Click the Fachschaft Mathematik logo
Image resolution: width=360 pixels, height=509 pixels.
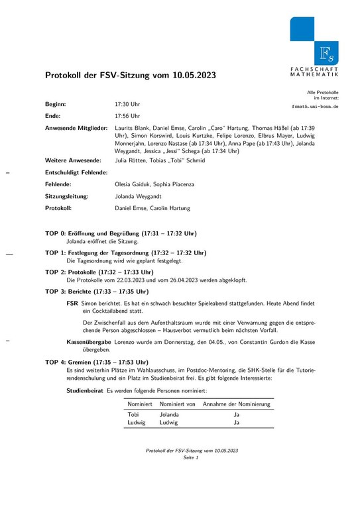(x=314, y=46)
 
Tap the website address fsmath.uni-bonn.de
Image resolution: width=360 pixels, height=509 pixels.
(x=315, y=106)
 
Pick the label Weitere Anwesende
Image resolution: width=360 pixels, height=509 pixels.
(x=73, y=160)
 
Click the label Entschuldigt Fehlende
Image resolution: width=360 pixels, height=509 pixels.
(x=76, y=172)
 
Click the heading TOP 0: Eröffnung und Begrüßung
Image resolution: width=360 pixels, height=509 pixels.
(x=120, y=234)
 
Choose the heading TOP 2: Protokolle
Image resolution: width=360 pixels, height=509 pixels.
(x=99, y=272)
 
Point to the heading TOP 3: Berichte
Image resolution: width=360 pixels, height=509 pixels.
(x=97, y=292)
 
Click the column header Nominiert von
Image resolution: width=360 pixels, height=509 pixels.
(x=176, y=404)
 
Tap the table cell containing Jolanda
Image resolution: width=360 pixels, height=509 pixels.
(x=170, y=414)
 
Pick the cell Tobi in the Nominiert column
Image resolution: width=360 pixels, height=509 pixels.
(x=133, y=414)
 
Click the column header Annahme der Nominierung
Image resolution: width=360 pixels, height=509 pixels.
(x=236, y=404)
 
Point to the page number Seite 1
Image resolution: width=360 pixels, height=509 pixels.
(x=192, y=458)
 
